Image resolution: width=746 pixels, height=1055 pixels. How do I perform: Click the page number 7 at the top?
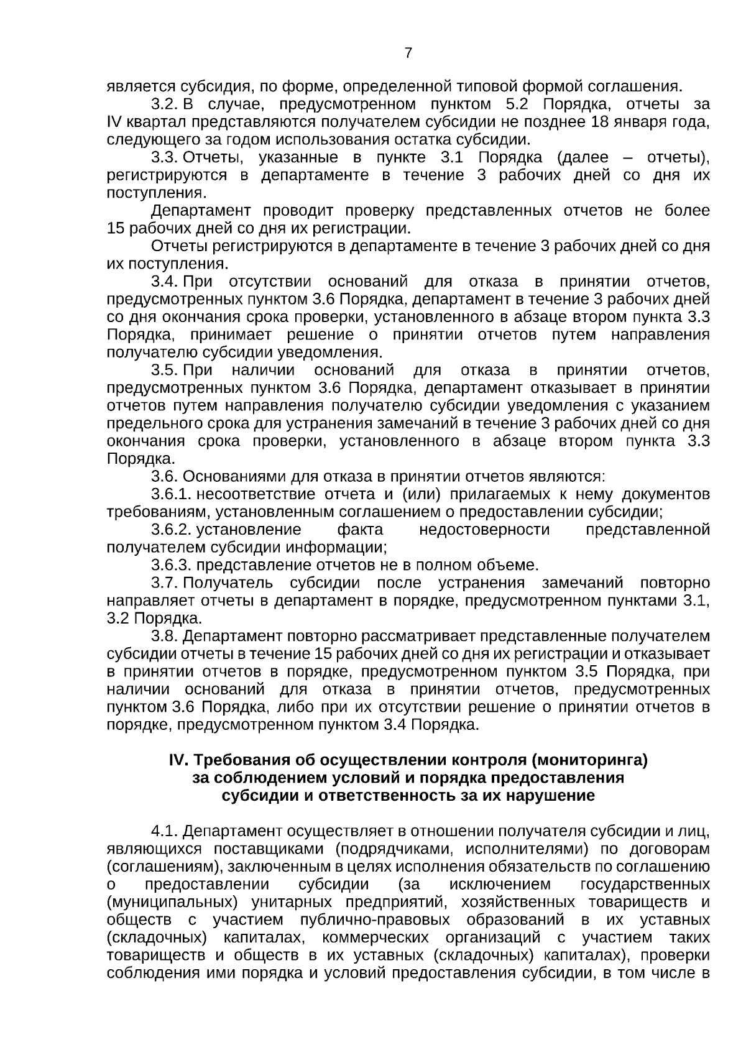point(408,53)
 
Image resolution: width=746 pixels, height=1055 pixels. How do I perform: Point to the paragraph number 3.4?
point(165,282)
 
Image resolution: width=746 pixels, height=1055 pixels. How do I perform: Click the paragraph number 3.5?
point(165,371)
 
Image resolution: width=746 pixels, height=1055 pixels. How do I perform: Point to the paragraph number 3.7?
point(165,583)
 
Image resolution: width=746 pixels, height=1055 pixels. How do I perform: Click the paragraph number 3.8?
point(165,636)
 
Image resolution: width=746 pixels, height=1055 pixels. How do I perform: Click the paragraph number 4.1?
point(165,831)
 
